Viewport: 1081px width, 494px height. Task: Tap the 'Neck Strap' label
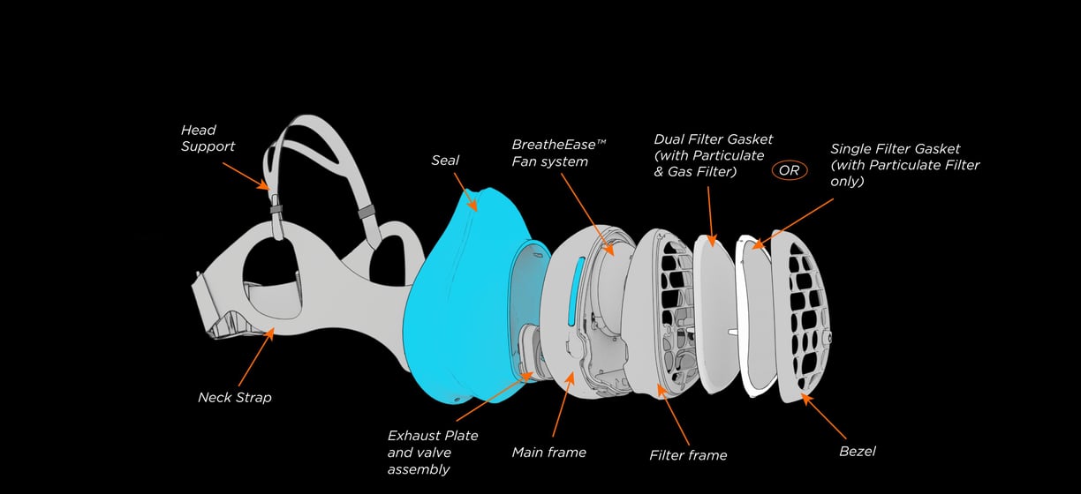[234, 397]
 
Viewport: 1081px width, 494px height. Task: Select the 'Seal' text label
[445, 161]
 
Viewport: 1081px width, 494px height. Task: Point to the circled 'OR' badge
[789, 170]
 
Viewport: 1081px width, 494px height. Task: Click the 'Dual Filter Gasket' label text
[713, 154]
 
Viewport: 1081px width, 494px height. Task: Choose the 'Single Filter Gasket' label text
[904, 165]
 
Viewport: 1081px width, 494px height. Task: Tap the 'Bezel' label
[857, 452]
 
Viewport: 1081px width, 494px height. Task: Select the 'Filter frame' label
[688, 455]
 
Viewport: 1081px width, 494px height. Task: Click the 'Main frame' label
[548, 453]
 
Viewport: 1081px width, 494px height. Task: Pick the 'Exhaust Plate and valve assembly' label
[433, 452]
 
